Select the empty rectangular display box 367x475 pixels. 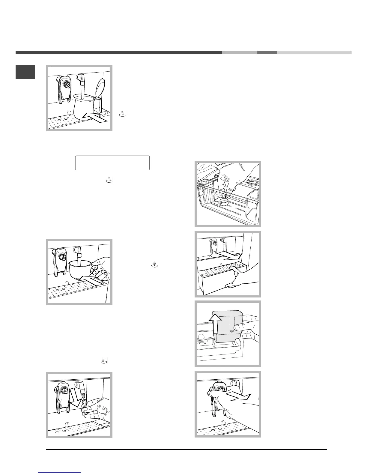coord(112,163)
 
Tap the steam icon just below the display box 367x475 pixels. coord(110,180)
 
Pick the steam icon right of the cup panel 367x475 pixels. coord(154,264)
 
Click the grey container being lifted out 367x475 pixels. coord(228,327)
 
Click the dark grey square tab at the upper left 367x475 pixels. coord(25,72)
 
